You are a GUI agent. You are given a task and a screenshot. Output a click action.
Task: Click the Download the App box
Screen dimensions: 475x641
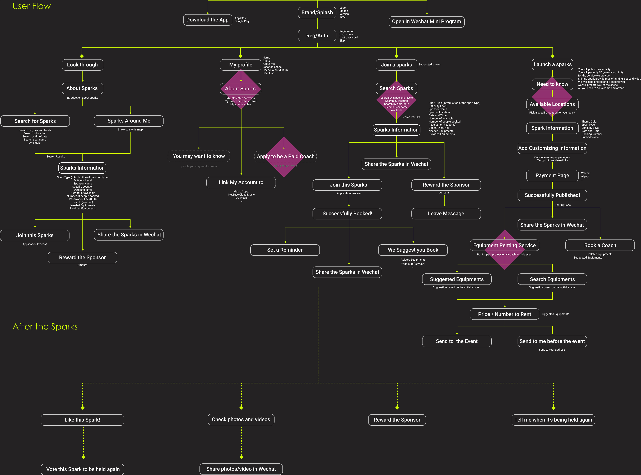tap(207, 20)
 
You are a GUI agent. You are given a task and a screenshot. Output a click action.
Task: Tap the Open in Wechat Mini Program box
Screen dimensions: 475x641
tap(426, 22)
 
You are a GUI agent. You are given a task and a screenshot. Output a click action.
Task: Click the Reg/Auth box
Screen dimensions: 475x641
tap(317, 36)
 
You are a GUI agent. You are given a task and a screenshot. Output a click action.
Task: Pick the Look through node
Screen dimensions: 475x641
tap(82, 65)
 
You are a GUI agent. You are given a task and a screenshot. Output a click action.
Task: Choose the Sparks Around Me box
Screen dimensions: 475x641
tap(129, 121)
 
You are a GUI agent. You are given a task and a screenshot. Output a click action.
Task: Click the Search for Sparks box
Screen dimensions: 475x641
tap(35, 121)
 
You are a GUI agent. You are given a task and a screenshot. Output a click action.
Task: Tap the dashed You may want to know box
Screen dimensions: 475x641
tap(199, 156)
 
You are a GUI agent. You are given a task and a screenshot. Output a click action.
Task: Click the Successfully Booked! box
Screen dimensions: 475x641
tap(347, 214)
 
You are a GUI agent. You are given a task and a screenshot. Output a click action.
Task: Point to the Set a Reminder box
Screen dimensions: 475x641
tap(285, 250)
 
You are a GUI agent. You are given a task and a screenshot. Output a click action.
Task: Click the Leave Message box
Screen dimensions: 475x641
tap(446, 214)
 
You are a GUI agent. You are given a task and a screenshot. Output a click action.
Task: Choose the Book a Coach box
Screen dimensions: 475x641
tap(600, 245)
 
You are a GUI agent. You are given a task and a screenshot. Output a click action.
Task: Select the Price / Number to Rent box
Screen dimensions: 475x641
tap(504, 314)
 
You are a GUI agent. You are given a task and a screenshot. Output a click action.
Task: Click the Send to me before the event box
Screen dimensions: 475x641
tap(552, 341)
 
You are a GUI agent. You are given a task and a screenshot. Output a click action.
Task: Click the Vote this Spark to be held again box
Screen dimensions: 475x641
tap(83, 469)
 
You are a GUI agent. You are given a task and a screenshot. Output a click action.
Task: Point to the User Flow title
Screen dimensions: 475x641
tap(32, 6)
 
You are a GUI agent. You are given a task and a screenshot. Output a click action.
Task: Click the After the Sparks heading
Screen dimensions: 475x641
tap(45, 327)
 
